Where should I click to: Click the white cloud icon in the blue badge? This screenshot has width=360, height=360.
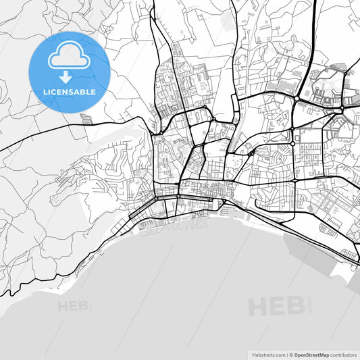click(x=70, y=57)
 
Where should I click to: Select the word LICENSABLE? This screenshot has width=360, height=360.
click(x=70, y=92)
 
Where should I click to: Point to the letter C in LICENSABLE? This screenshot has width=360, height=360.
click(x=57, y=92)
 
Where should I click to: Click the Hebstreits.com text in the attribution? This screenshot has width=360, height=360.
click(x=267, y=354)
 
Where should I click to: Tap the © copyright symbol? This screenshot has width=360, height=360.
click(x=290, y=354)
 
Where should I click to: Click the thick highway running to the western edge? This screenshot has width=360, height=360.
click(x=41, y=134)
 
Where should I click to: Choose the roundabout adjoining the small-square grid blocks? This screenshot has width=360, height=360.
click(x=292, y=143)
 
